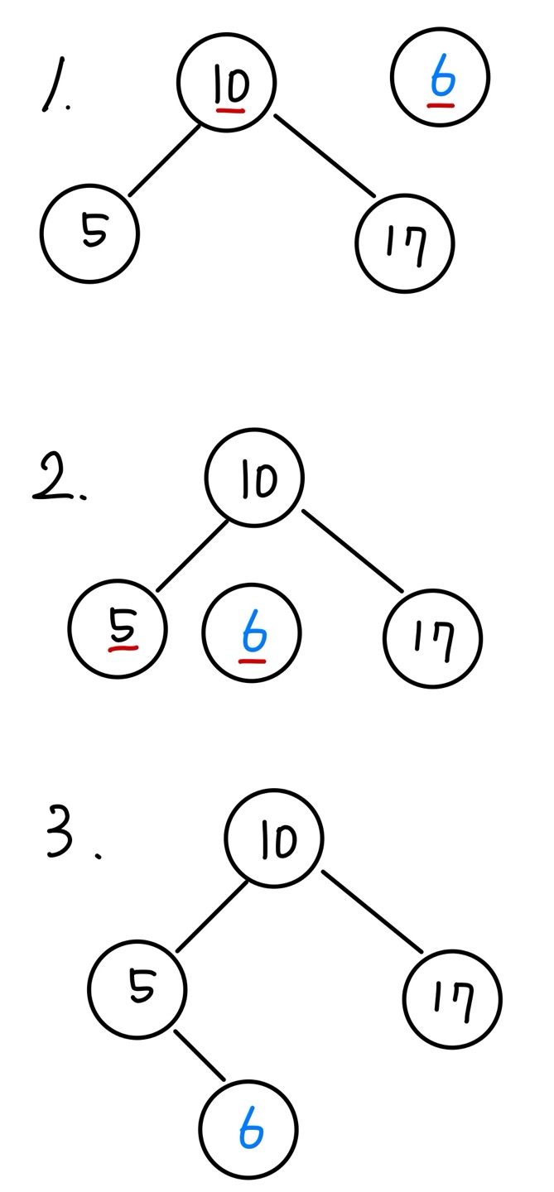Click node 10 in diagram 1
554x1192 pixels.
tap(226, 81)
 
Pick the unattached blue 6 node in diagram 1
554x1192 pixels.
tap(440, 77)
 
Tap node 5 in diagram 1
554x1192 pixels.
tap(89, 233)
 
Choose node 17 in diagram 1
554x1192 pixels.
tap(405, 243)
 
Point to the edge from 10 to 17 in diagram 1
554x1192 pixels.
tap(325, 156)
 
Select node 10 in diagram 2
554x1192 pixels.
tap(254, 478)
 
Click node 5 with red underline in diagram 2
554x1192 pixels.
tap(118, 630)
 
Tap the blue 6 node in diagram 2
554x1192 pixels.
tap(252, 634)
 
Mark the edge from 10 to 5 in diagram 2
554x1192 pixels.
tap(192, 555)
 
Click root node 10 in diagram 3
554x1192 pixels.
tap(274, 839)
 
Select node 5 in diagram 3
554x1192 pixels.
tap(137, 989)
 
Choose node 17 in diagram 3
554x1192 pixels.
tap(452, 998)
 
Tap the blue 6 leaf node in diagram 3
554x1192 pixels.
tap(248, 1129)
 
